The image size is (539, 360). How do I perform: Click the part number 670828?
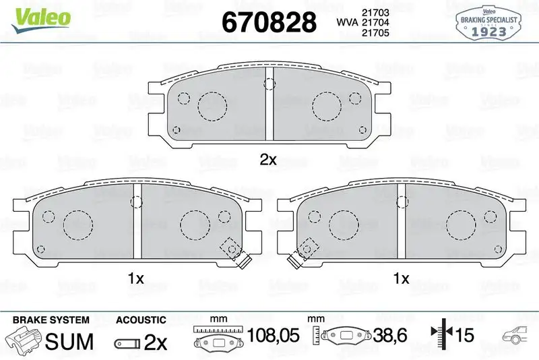(x=269, y=22)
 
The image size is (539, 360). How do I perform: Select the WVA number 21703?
(x=377, y=11)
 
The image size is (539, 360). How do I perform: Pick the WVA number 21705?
(x=377, y=34)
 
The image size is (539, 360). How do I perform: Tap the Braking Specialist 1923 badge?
(x=488, y=22)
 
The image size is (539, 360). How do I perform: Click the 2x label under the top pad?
(x=269, y=160)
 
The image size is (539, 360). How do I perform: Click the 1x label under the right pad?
(x=401, y=278)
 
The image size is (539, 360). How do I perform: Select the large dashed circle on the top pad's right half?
(x=327, y=105)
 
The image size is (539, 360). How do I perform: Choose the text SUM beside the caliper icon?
(x=69, y=341)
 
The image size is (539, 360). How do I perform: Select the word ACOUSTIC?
(x=141, y=320)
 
